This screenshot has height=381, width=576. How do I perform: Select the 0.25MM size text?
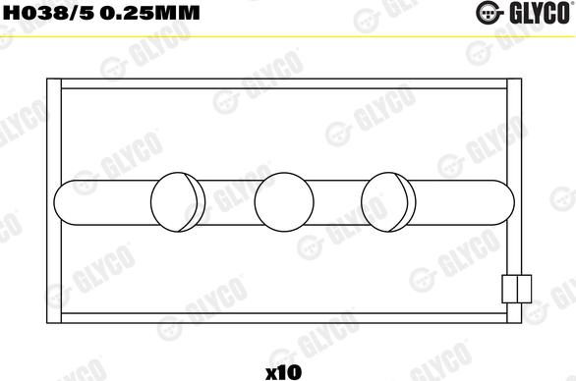[x=149, y=13]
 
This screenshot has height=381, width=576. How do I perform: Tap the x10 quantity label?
[x=283, y=372]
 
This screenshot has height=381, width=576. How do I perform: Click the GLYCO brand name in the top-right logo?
[x=540, y=13]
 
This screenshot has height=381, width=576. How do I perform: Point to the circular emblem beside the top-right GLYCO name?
[x=489, y=13]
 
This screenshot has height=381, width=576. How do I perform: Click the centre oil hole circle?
[x=284, y=202]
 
